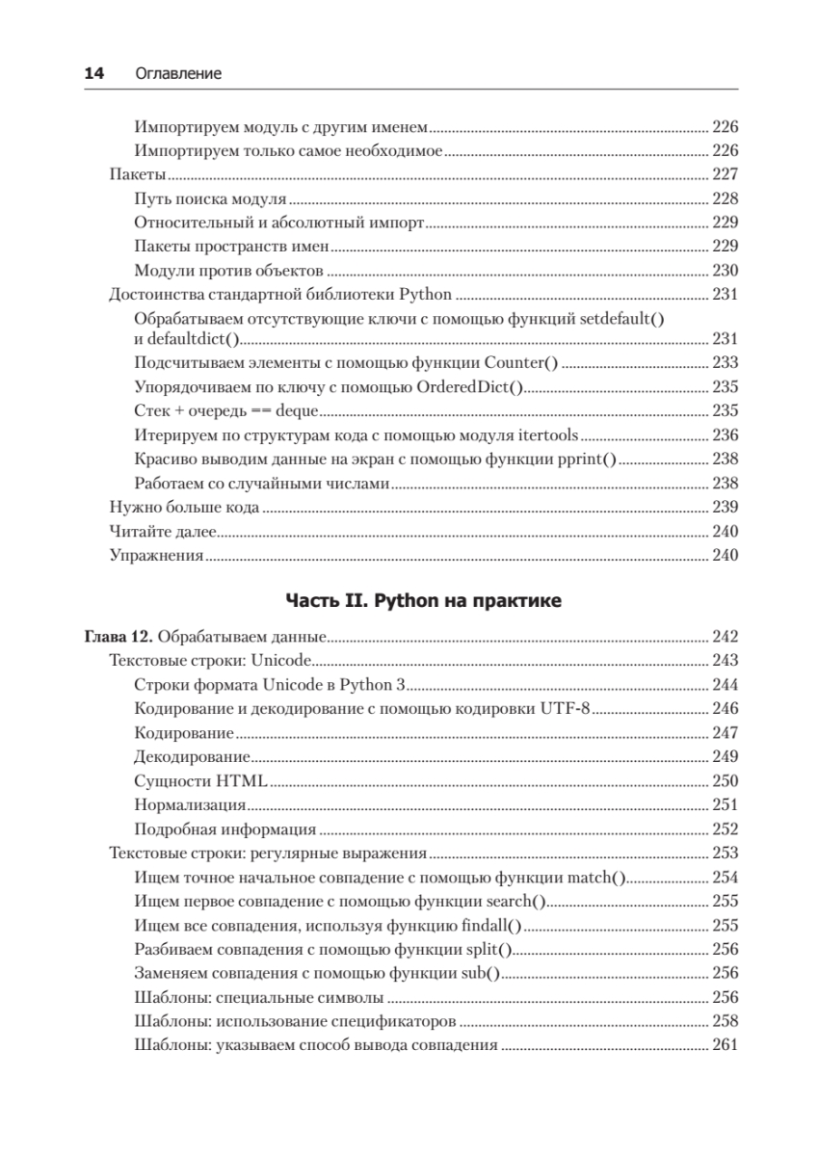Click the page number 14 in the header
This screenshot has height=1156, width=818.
pos(93,73)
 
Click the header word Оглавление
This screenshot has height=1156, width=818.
pos(178,73)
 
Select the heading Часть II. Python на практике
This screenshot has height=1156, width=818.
pos(423,601)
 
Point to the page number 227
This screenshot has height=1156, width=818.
pos(724,174)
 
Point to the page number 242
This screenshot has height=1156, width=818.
pos(724,636)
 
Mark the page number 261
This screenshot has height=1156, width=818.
pos(724,1045)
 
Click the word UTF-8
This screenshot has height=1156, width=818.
pos(567,709)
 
